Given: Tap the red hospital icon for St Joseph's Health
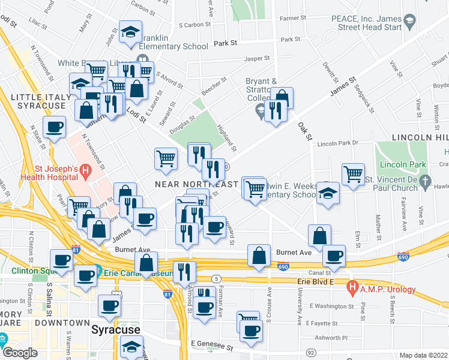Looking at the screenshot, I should pos(86,172).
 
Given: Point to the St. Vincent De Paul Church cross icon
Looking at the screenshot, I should pos(425,180).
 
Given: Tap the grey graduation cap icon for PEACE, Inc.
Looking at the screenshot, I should pos(409,23).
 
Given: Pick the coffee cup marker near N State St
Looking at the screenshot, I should pos(55,127).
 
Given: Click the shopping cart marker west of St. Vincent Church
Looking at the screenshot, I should pos(354,174).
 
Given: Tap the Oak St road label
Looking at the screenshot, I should pos(306,130).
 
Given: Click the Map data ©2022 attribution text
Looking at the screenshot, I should pos(424,355).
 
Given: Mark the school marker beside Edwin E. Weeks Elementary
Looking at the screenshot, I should pos(328,193).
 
